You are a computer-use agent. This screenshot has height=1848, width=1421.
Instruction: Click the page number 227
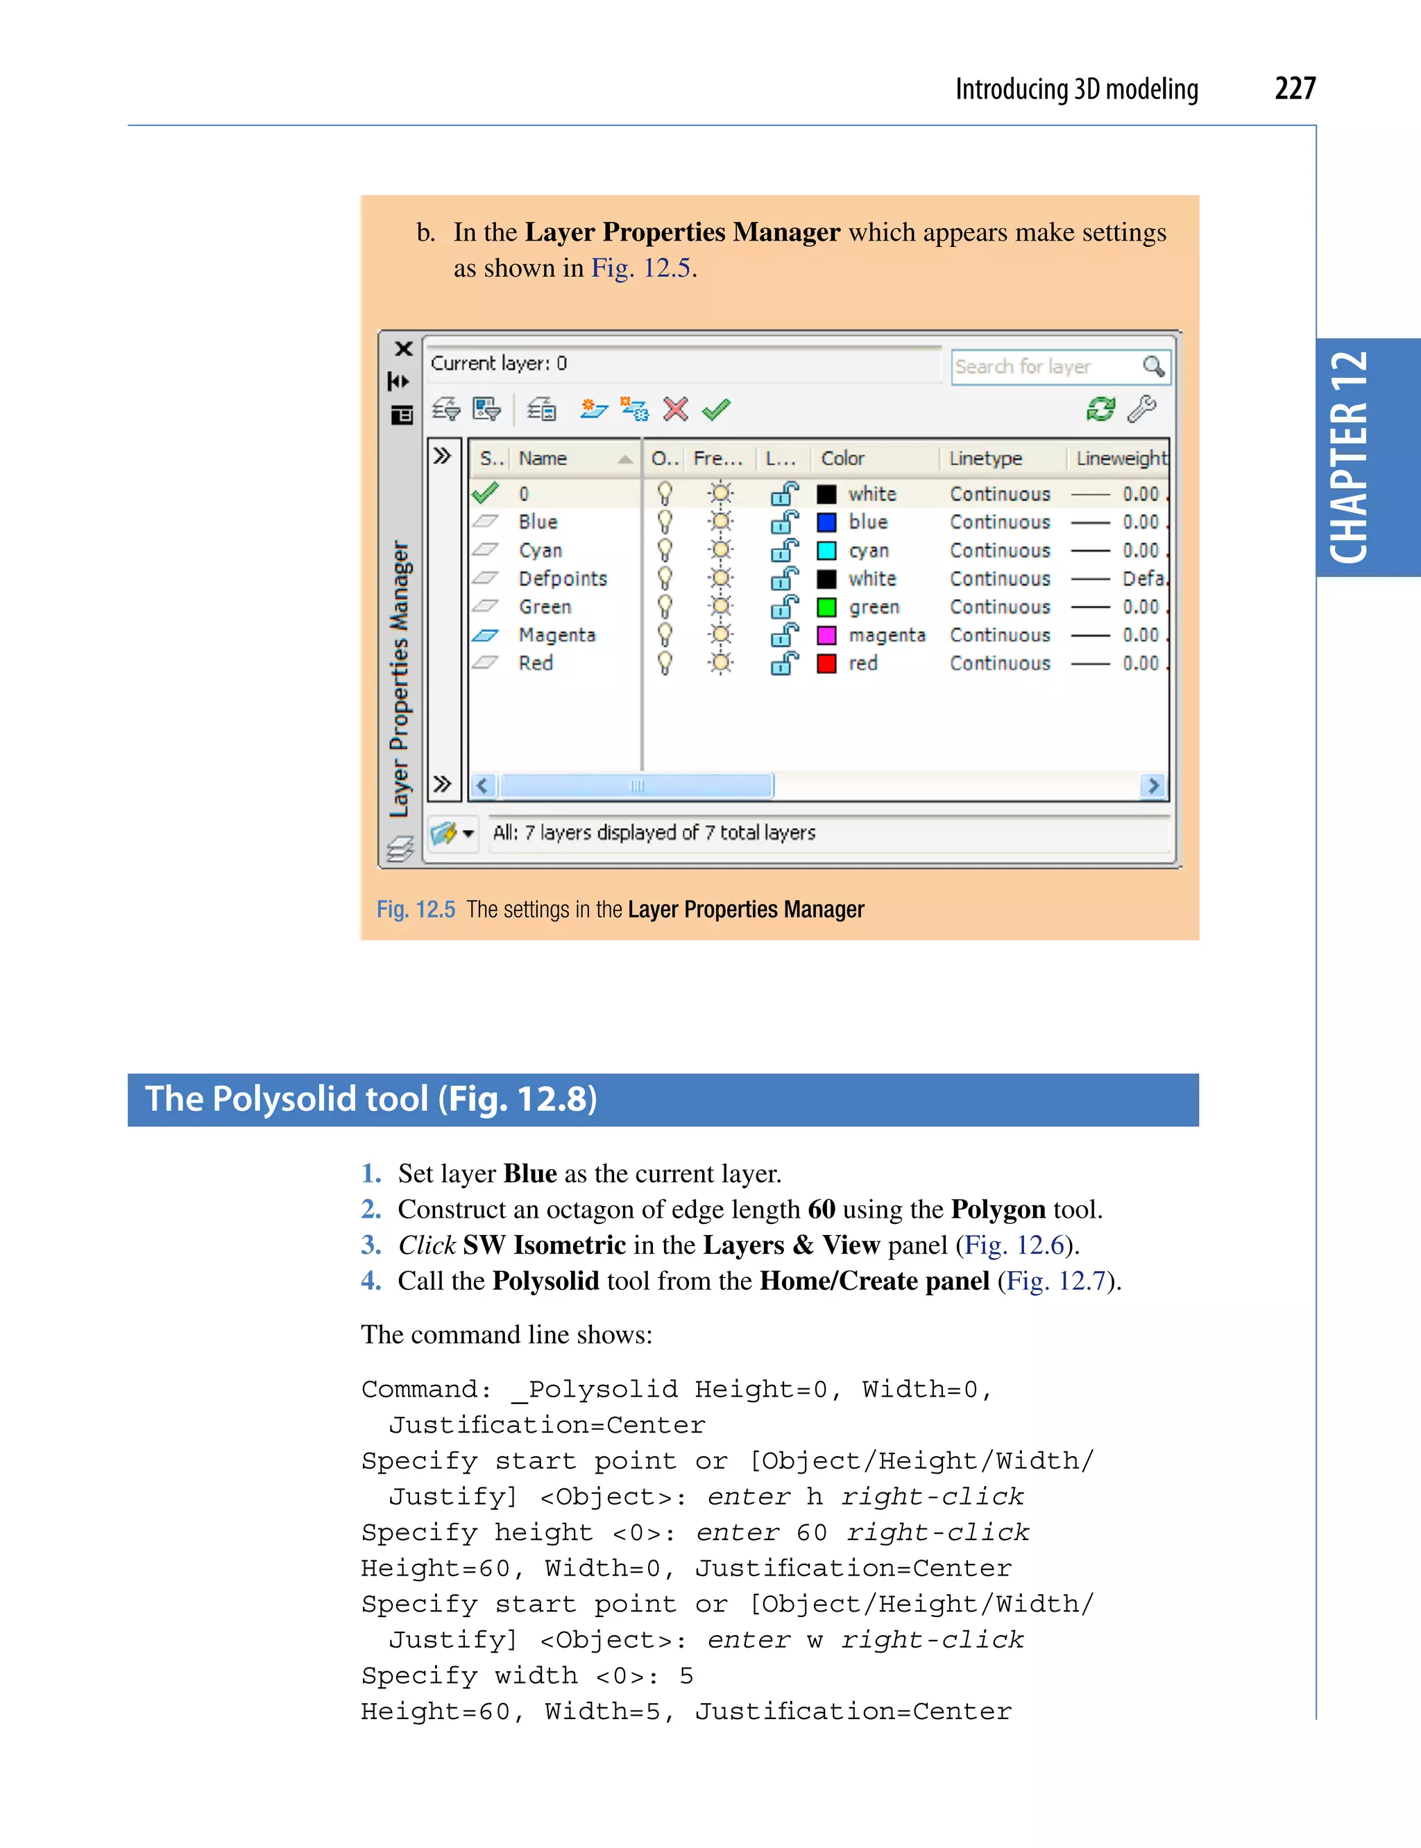[1294, 88]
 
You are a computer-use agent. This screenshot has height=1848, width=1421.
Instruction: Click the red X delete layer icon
[675, 409]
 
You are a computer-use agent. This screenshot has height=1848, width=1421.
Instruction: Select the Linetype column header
[985, 458]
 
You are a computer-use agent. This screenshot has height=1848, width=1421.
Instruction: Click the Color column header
[842, 458]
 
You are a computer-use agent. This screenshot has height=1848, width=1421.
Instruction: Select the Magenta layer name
[556, 635]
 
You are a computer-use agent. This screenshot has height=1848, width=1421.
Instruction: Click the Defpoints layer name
[563, 578]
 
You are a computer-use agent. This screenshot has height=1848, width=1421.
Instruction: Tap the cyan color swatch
[826, 551]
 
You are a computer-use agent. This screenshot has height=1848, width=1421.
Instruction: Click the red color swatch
[826, 664]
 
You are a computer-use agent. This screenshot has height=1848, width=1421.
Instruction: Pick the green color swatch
[826, 607]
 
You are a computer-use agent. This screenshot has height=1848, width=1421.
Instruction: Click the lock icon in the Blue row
[784, 522]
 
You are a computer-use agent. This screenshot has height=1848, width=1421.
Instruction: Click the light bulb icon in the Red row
[665, 664]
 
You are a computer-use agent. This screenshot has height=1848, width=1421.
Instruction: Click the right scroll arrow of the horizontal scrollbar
[1152, 786]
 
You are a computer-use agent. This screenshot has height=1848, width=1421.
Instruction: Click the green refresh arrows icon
[1100, 409]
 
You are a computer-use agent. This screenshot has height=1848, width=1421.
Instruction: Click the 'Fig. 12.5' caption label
[416, 910]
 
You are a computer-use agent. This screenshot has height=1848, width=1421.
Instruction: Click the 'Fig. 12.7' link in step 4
[1055, 1281]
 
